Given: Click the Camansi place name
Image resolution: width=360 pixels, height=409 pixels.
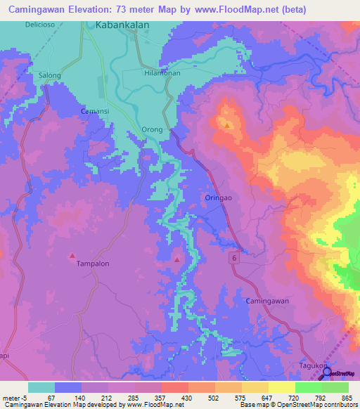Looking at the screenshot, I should (94, 112).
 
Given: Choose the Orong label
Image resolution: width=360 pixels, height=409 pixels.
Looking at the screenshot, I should (153, 129).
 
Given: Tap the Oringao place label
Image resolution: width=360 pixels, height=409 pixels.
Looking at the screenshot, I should (217, 198).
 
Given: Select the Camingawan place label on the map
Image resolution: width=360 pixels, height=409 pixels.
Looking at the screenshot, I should (267, 301).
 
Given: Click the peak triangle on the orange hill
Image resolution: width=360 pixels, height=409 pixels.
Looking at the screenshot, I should (228, 125).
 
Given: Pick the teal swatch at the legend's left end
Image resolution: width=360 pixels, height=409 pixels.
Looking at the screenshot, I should (41, 387).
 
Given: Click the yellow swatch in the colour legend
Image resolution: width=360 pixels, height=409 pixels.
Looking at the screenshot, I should (281, 387).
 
